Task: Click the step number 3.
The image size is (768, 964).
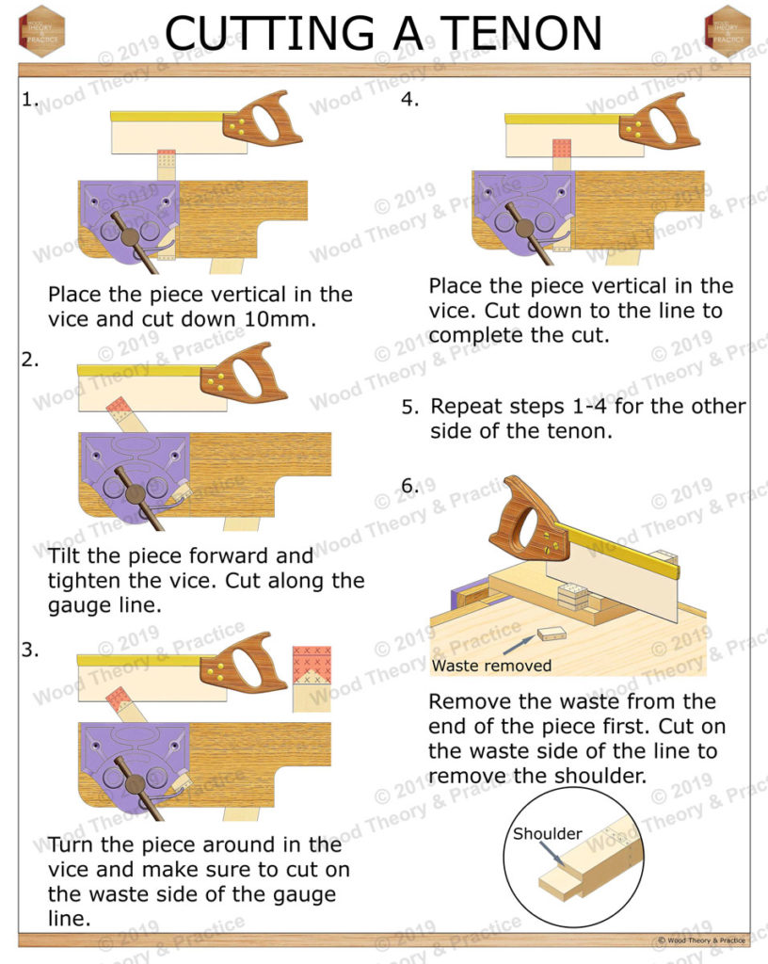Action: click(x=29, y=648)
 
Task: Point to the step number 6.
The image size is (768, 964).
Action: click(x=410, y=486)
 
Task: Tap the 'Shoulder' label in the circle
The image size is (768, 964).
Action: click(x=547, y=834)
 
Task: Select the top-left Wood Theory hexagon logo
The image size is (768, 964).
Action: click(x=40, y=31)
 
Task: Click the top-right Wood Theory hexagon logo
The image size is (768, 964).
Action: click(x=727, y=31)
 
